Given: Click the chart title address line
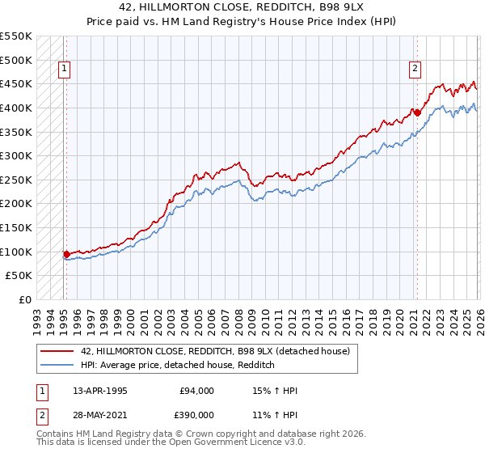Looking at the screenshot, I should (x=242, y=7).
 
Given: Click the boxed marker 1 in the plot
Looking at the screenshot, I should (x=64, y=70).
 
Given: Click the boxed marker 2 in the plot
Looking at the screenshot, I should (x=415, y=70).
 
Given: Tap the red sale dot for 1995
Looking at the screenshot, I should (x=66, y=254).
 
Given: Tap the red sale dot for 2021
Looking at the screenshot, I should (x=417, y=112).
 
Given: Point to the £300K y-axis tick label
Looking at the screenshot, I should (x=16, y=155).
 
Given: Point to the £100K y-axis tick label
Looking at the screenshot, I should (x=16, y=252).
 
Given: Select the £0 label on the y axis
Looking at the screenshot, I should (x=25, y=299).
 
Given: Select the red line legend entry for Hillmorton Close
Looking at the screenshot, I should (x=215, y=351).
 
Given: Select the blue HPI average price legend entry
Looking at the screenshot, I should (x=178, y=366).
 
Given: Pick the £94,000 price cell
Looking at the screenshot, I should (x=196, y=391).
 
